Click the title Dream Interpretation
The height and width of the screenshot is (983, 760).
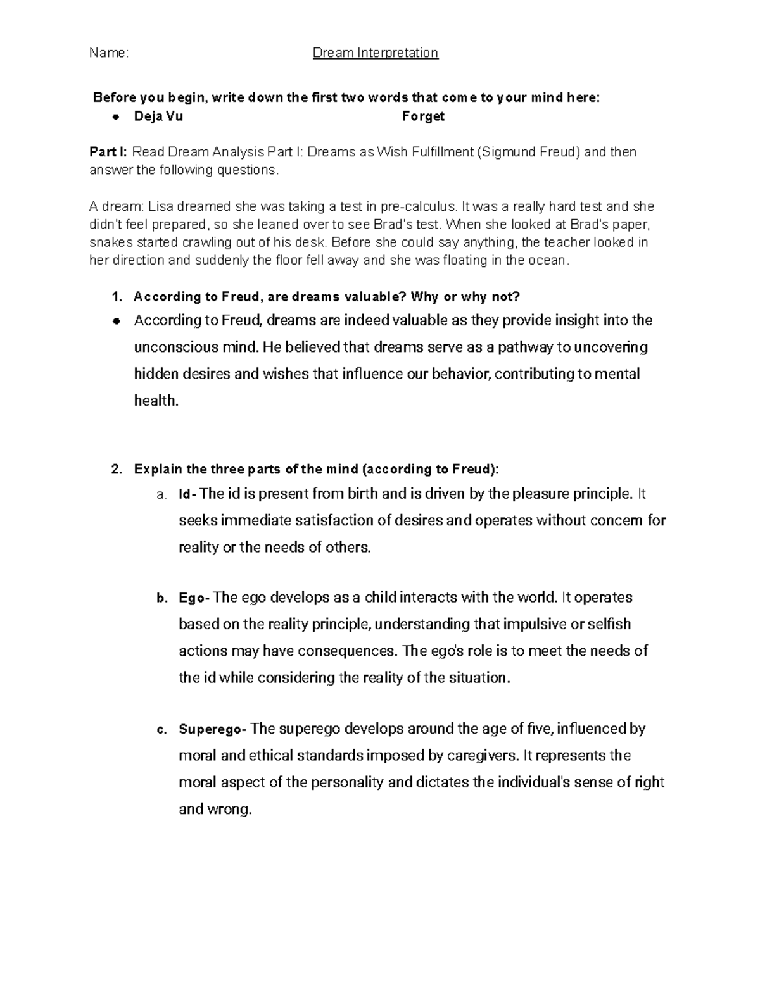376,53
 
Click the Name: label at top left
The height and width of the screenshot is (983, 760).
108,53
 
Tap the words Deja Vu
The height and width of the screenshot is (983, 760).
158,116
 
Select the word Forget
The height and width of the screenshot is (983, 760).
423,116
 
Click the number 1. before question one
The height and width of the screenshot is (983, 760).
116,297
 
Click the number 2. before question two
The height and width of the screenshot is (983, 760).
116,470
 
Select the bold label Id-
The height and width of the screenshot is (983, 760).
188,494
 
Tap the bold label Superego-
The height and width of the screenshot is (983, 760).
212,729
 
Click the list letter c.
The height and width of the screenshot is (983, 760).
161,730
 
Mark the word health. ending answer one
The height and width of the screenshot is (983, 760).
156,401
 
